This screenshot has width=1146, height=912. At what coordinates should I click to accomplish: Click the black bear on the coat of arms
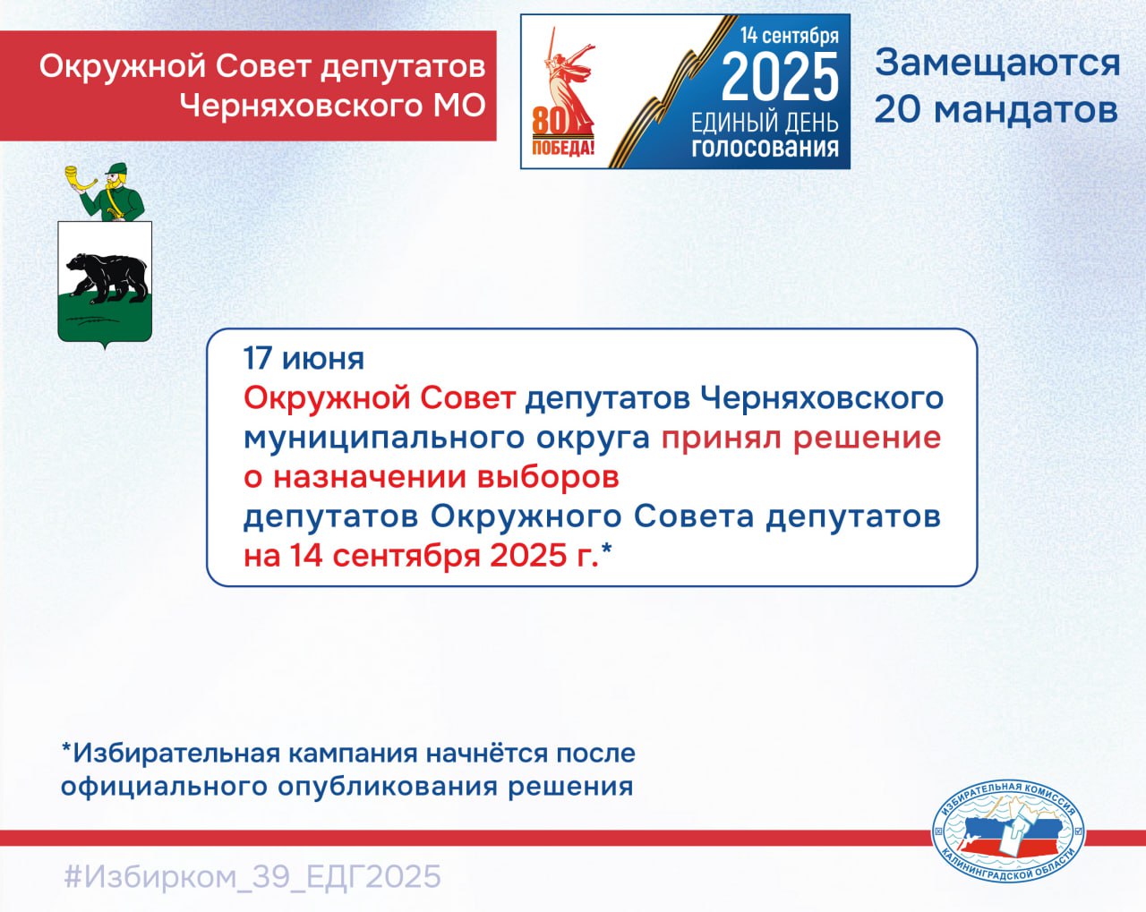point(107,278)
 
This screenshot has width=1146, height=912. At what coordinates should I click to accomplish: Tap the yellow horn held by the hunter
point(80,178)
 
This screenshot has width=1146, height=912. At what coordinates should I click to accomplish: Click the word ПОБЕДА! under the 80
point(563,147)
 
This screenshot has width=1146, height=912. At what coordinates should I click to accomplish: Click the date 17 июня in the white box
point(304,360)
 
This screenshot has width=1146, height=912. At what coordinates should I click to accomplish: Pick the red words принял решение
point(801,439)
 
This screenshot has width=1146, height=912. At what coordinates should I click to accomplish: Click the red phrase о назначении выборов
point(432,477)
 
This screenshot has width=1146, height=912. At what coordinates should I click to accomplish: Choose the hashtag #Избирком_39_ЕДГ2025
point(252,876)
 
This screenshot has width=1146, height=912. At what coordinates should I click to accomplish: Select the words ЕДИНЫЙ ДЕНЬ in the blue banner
point(765,123)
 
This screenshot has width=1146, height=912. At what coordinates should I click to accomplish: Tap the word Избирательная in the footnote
point(175,754)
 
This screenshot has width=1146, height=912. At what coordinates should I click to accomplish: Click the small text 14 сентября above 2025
point(790,36)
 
